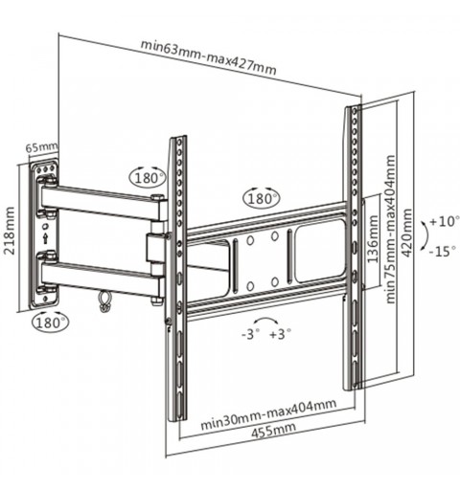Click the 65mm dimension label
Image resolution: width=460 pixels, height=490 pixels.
pyautogui.click(x=41, y=147)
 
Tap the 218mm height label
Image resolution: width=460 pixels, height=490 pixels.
pyautogui.click(x=9, y=231)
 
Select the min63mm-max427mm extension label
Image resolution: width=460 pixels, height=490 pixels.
pyautogui.click(x=208, y=57)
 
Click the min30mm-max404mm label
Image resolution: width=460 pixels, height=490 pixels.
pyautogui.click(x=268, y=413)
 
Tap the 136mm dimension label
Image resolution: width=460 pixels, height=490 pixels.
pyautogui.click(x=373, y=239)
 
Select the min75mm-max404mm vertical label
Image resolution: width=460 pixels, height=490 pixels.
pyautogui.click(x=390, y=229)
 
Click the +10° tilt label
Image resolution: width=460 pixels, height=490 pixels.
pyautogui.click(x=445, y=221)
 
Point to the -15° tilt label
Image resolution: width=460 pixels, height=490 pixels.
pyautogui.click(x=443, y=252)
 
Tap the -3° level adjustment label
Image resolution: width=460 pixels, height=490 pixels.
pyautogui.click(x=251, y=334)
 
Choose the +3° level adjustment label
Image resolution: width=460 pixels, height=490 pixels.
pyautogui.click(x=281, y=334)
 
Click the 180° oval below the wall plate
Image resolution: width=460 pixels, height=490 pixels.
pyautogui.click(x=51, y=323)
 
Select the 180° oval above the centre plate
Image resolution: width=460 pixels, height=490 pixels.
pyautogui.click(x=262, y=199)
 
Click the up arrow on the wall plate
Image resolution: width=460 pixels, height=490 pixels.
pyautogui.click(x=46, y=238)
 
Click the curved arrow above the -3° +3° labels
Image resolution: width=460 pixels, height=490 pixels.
pyautogui.click(x=264, y=320)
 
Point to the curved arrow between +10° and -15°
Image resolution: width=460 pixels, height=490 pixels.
pyautogui.click(x=425, y=235)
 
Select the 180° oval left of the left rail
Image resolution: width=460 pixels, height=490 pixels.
pyautogui.click(x=148, y=178)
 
